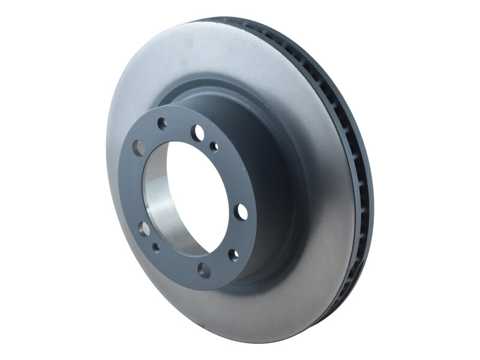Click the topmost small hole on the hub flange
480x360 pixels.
point(162,124)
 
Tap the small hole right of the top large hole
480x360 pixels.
point(214,146)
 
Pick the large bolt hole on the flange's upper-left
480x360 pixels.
point(139,148)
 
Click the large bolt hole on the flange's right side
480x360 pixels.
point(242,212)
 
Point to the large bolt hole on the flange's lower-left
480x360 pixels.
point(144,229)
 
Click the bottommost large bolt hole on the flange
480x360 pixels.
point(205,270)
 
